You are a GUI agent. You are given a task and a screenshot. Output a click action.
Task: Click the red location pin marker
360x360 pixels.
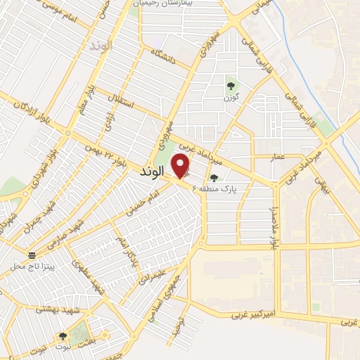[x=181, y=167]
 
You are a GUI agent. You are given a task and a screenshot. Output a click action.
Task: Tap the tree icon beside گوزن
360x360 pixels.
[x=230, y=86]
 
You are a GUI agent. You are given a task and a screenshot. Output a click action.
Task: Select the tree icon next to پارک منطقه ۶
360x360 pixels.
[x=214, y=178]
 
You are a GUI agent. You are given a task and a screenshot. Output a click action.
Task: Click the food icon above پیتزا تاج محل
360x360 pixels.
[x=32, y=255]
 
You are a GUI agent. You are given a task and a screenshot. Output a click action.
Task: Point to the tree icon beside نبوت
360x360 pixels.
[x=63, y=337]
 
